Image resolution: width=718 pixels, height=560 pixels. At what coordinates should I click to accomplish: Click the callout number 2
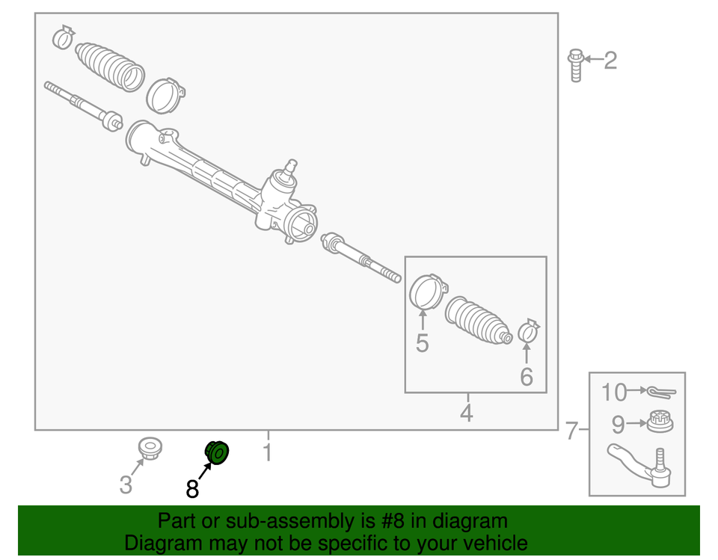click(610, 60)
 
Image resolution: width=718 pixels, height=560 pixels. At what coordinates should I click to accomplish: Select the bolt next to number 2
click(575, 64)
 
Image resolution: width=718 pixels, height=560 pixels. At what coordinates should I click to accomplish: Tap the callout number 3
click(126, 485)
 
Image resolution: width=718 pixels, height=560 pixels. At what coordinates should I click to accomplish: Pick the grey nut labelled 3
click(150, 449)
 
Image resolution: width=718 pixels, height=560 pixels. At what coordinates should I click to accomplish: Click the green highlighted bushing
click(218, 452)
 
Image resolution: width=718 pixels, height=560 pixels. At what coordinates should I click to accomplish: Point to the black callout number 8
click(192, 489)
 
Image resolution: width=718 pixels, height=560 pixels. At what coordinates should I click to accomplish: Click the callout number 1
click(267, 452)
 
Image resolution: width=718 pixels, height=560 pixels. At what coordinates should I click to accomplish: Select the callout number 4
click(467, 413)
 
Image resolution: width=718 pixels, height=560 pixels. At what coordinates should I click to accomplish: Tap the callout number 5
click(423, 344)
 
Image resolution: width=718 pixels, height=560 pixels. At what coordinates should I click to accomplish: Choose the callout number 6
click(527, 377)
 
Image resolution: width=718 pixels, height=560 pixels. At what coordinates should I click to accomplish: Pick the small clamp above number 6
click(530, 329)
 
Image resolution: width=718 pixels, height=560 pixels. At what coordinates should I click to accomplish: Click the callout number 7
click(572, 431)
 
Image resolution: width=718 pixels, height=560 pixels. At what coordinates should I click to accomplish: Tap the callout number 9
click(618, 425)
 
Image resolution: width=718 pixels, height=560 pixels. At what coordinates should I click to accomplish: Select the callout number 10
click(614, 391)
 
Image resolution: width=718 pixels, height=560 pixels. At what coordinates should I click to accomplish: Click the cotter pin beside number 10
click(660, 391)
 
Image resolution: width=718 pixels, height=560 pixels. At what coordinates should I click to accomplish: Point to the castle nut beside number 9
click(659, 422)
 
